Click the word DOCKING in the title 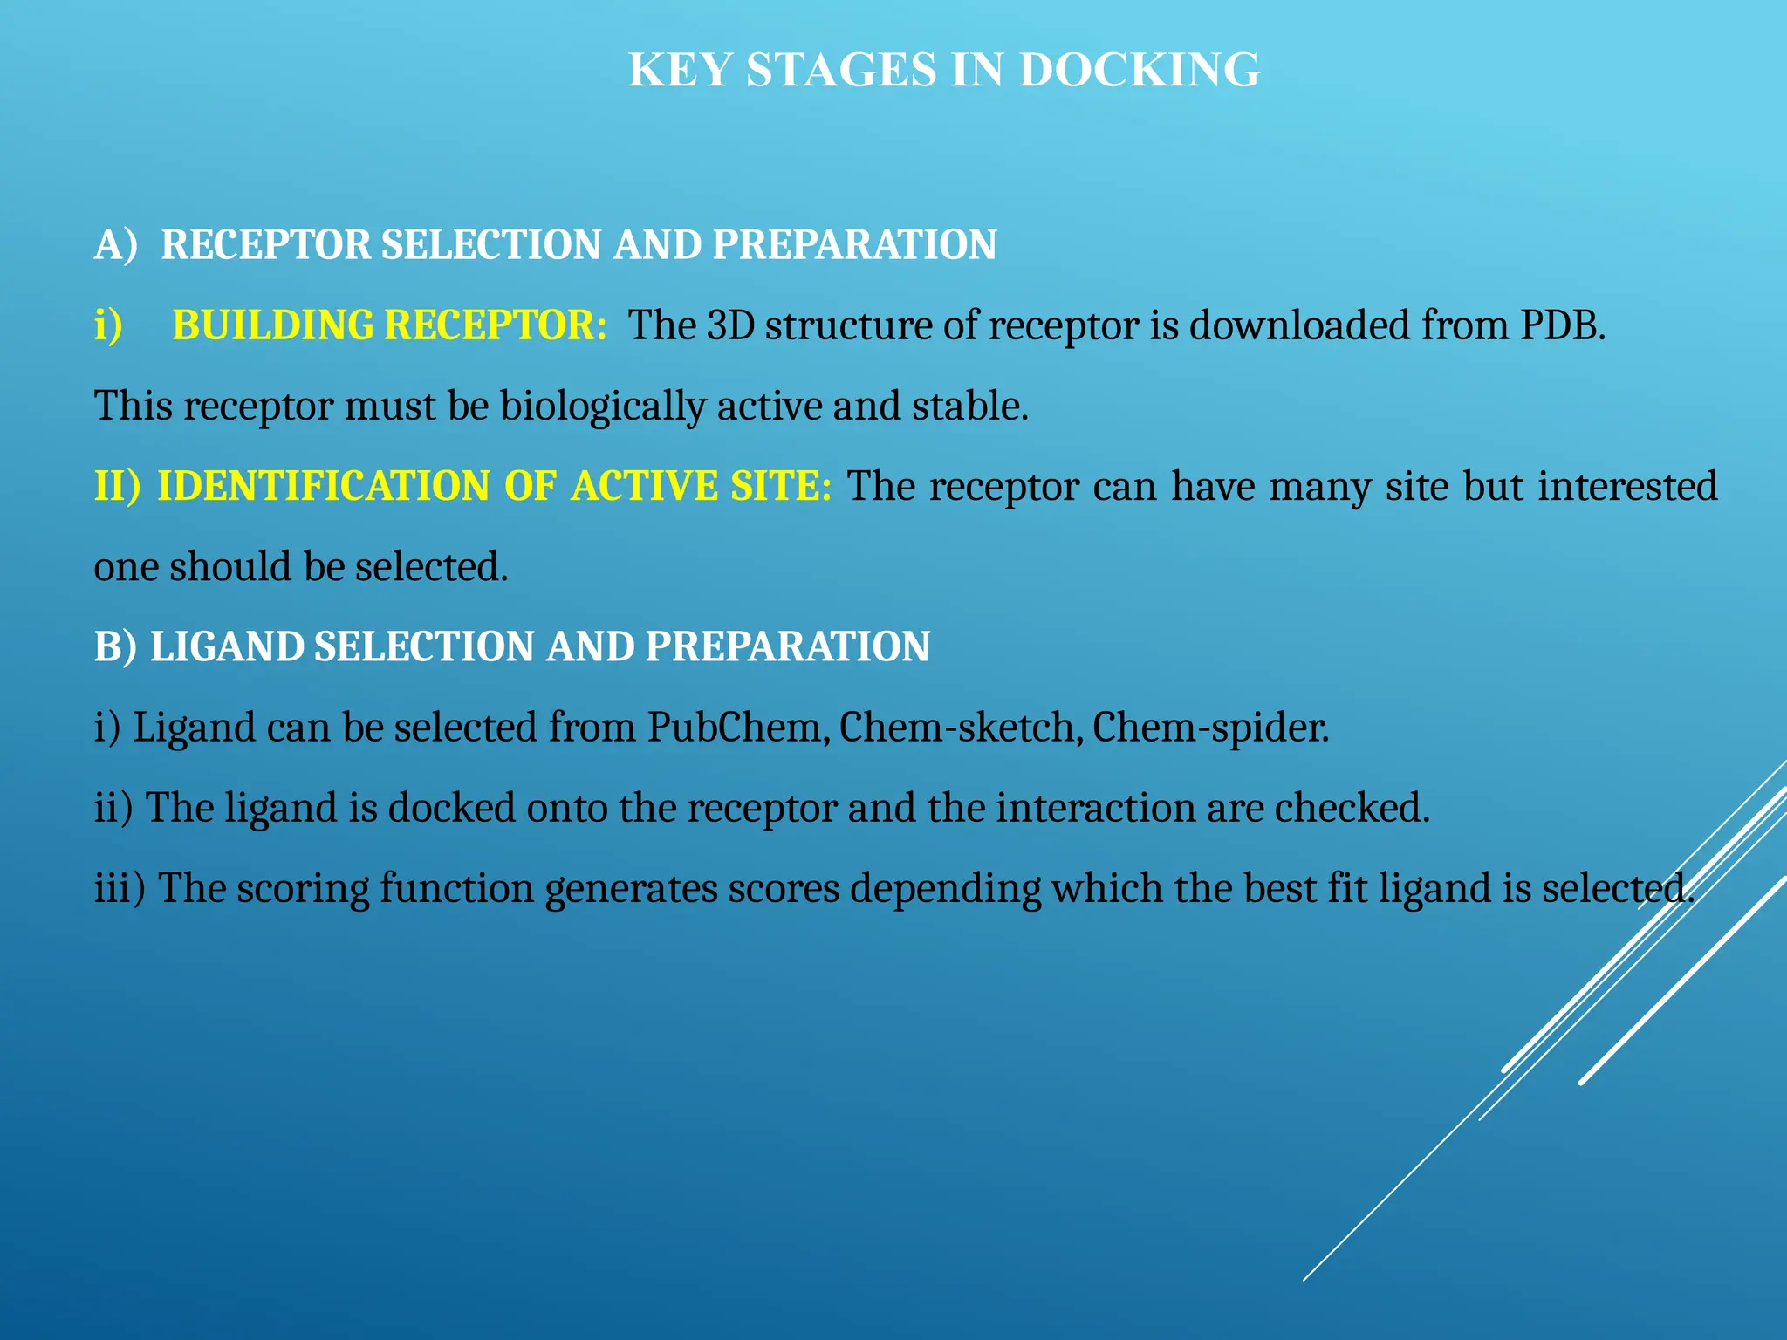pyautogui.click(x=1140, y=70)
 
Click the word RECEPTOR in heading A pyautogui.click(x=266, y=244)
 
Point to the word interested pyautogui.click(x=1627, y=486)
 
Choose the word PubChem pyautogui.click(x=738, y=728)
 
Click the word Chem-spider pyautogui.click(x=1210, y=728)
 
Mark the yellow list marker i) pyautogui.click(x=108, y=325)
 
